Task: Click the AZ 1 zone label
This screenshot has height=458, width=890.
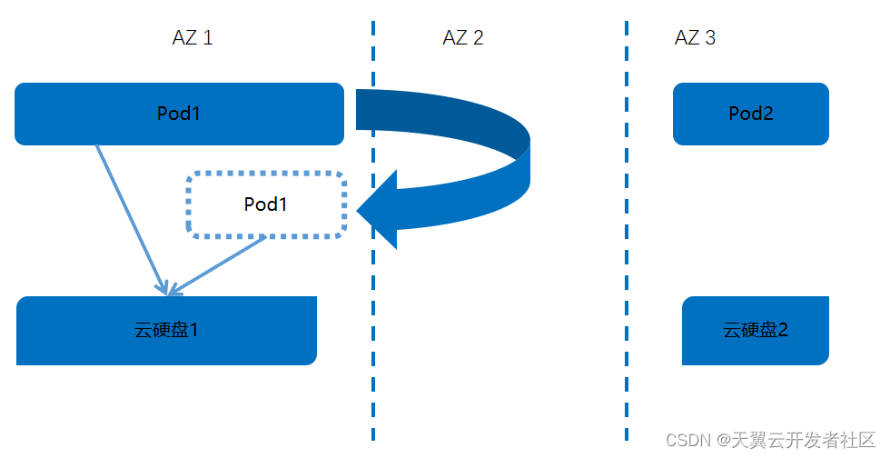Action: point(193,38)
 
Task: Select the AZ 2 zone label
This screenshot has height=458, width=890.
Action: point(463,38)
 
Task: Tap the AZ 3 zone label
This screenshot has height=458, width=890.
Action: point(696,38)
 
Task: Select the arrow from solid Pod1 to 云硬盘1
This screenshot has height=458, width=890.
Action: point(131,219)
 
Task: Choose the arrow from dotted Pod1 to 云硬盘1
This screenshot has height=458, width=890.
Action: point(218,265)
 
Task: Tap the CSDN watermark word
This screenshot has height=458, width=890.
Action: point(687,440)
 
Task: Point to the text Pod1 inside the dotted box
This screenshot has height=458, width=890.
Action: point(266,204)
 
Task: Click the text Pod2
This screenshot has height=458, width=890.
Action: point(751,114)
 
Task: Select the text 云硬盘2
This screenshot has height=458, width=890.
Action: point(756,330)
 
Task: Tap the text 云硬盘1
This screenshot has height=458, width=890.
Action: point(166,330)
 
